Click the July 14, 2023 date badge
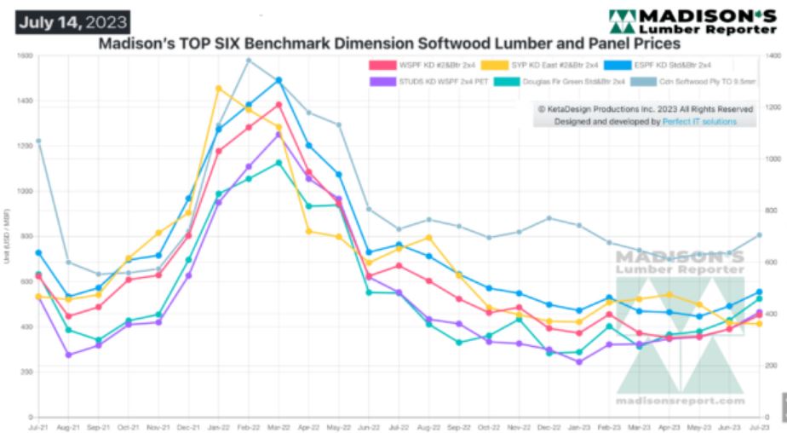click(x=72, y=20)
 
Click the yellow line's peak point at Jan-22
click(x=219, y=88)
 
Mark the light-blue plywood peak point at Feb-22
click(x=249, y=60)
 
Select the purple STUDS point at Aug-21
click(x=69, y=355)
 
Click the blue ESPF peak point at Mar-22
click(x=279, y=80)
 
